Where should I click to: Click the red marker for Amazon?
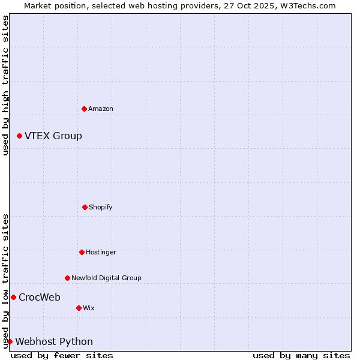point(84,109)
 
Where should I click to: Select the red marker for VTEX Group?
point(19,136)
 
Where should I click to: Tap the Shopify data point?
point(85,207)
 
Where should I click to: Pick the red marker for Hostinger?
point(82,252)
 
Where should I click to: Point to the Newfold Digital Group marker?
point(67,278)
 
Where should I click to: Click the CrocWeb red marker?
point(13,297)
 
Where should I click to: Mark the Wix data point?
point(79,308)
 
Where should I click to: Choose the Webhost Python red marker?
point(10,341)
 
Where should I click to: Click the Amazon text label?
point(101,109)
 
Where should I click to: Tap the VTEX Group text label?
point(53,136)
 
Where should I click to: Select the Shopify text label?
point(101,207)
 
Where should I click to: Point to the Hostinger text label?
point(101,252)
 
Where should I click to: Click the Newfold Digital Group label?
point(106,278)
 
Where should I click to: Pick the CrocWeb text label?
point(40,297)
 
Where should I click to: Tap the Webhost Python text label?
point(54,341)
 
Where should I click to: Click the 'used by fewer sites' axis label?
point(62,355)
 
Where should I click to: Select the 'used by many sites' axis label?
point(301,355)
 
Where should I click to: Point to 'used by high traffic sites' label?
point(5,85)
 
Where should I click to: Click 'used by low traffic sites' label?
point(5,281)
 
